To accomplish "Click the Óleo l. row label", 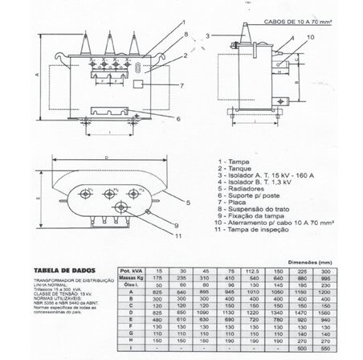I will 130,284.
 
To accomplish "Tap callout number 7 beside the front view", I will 181,85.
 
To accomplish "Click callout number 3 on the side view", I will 206,36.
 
